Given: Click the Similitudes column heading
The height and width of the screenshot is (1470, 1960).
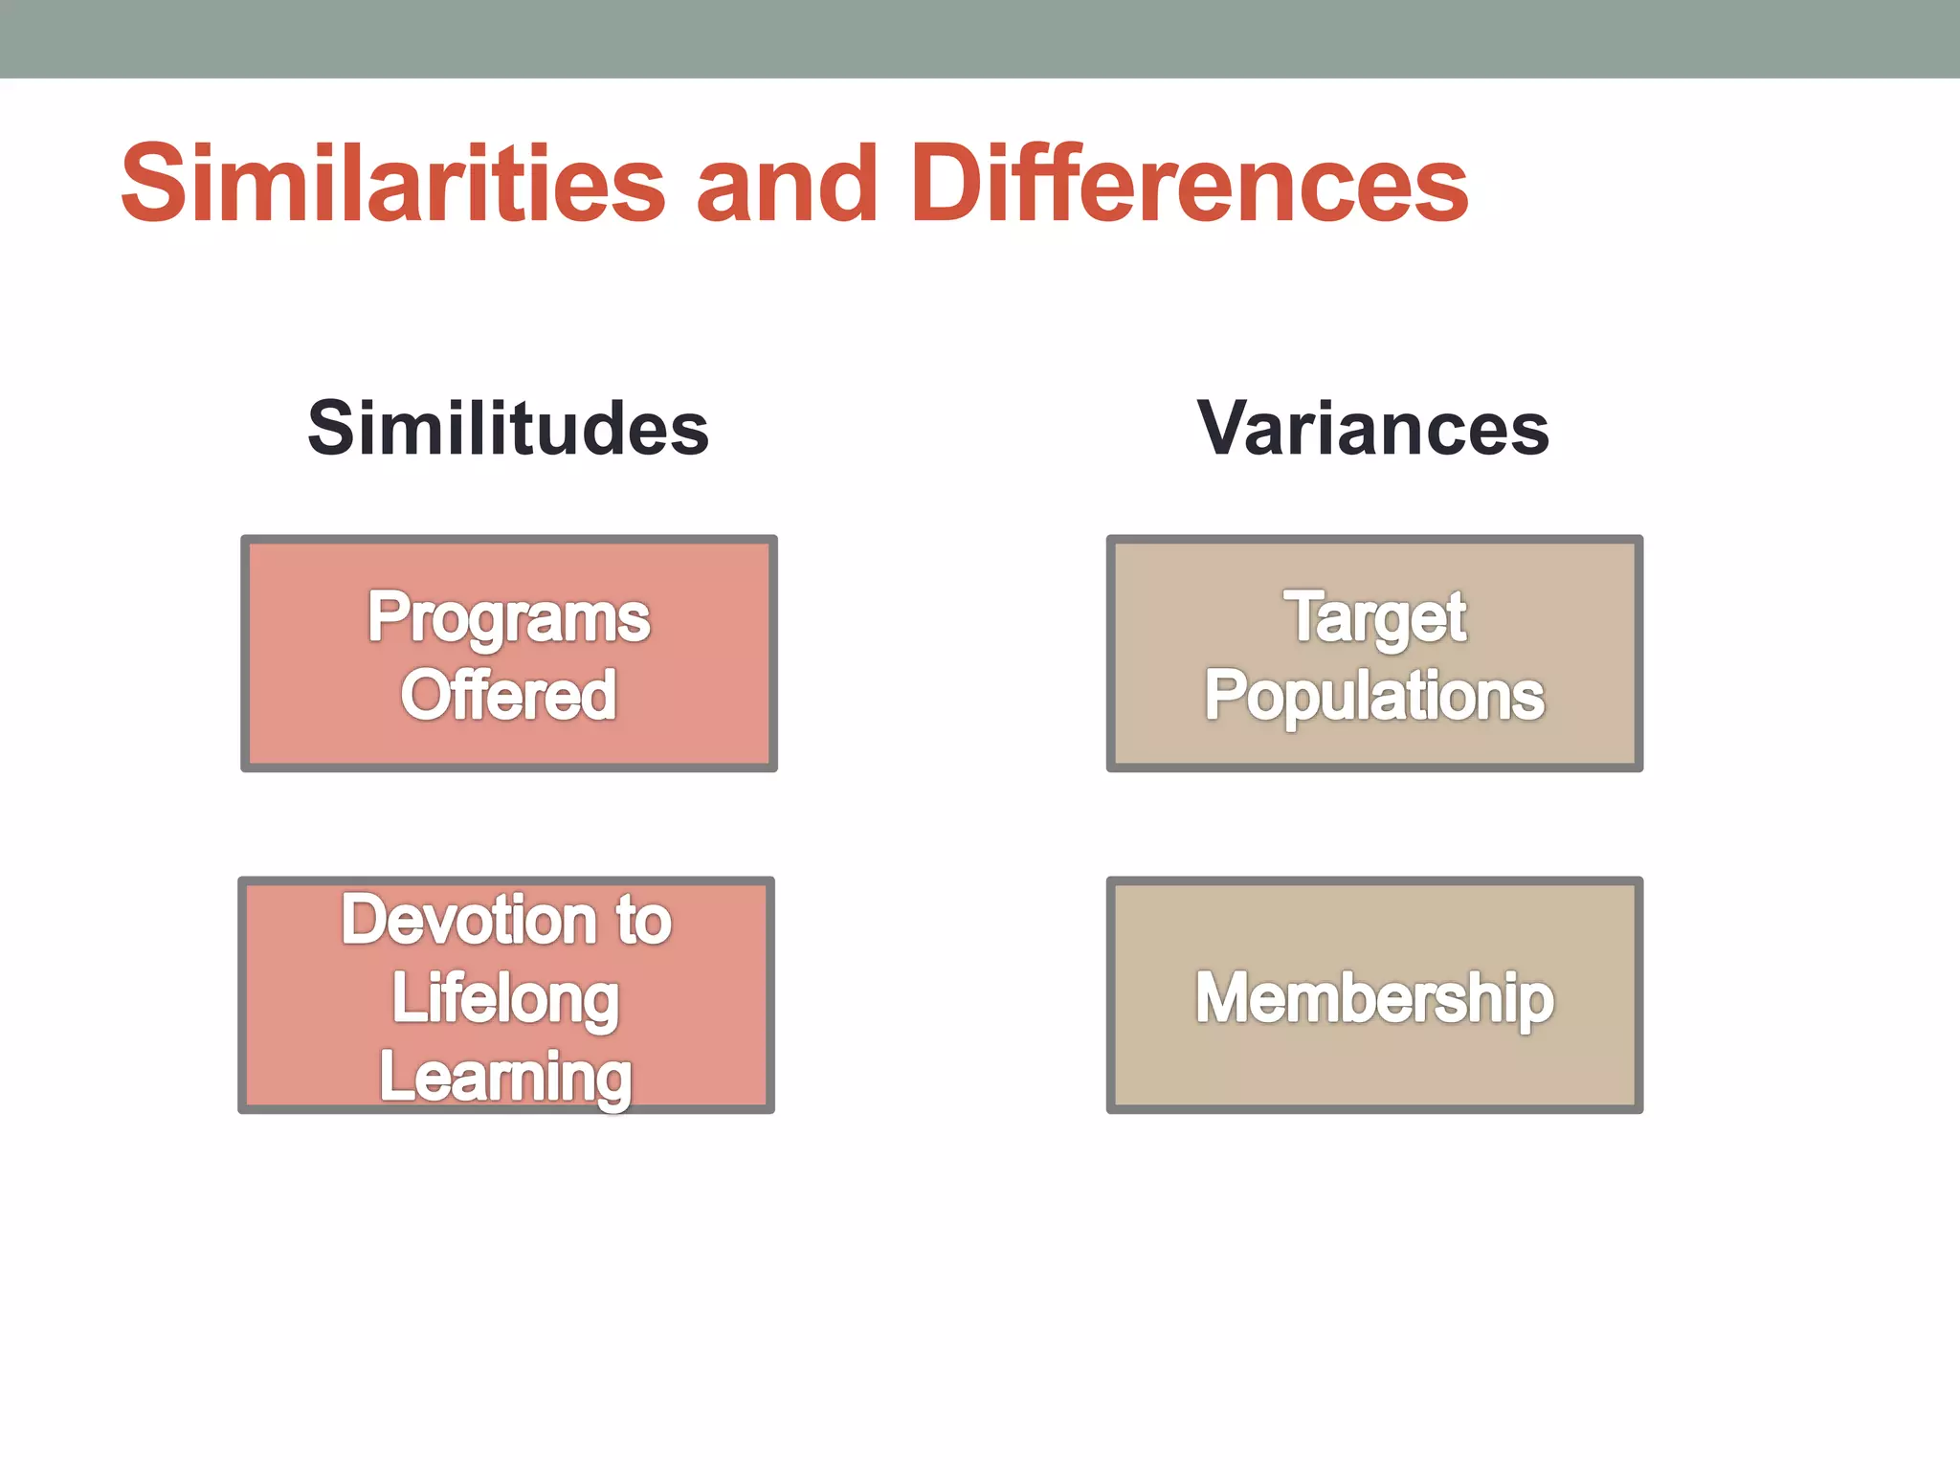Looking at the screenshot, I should tap(508, 428).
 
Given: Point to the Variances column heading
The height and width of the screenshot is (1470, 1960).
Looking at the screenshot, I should tap(1373, 428).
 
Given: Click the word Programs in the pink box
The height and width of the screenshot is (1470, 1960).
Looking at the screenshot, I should tap(508, 619).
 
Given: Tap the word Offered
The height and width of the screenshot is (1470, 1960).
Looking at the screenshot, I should tap(508, 695).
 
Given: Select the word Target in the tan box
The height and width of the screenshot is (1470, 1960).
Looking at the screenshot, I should tap(1374, 617).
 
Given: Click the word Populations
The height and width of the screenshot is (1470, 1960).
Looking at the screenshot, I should tap(1374, 697).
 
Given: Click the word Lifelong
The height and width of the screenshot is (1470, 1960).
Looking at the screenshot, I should tap(505, 999).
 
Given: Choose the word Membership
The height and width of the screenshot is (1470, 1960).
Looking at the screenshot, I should tap(1374, 998).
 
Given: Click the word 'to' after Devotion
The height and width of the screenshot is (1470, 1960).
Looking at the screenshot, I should tap(643, 921).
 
